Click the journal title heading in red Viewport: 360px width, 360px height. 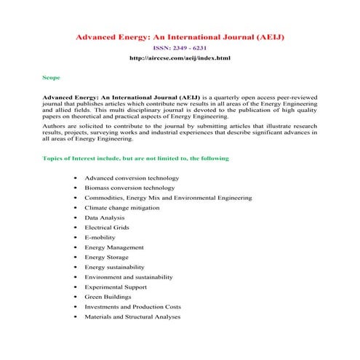(x=180, y=36)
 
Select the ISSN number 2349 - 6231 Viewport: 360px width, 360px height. (x=179, y=47)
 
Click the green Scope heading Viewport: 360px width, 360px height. (x=52, y=76)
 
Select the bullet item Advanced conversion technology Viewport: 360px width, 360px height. (x=131, y=177)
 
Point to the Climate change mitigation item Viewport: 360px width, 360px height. (x=126, y=207)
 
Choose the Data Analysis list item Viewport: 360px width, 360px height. (x=104, y=217)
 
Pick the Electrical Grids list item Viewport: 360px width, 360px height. (x=107, y=228)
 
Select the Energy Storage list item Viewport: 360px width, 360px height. (x=106, y=257)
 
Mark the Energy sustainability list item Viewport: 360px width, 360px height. (x=116, y=267)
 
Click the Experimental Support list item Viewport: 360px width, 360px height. (x=116, y=287)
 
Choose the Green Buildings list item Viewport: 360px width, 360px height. (x=108, y=297)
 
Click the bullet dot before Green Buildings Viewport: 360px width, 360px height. (x=76, y=297)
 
